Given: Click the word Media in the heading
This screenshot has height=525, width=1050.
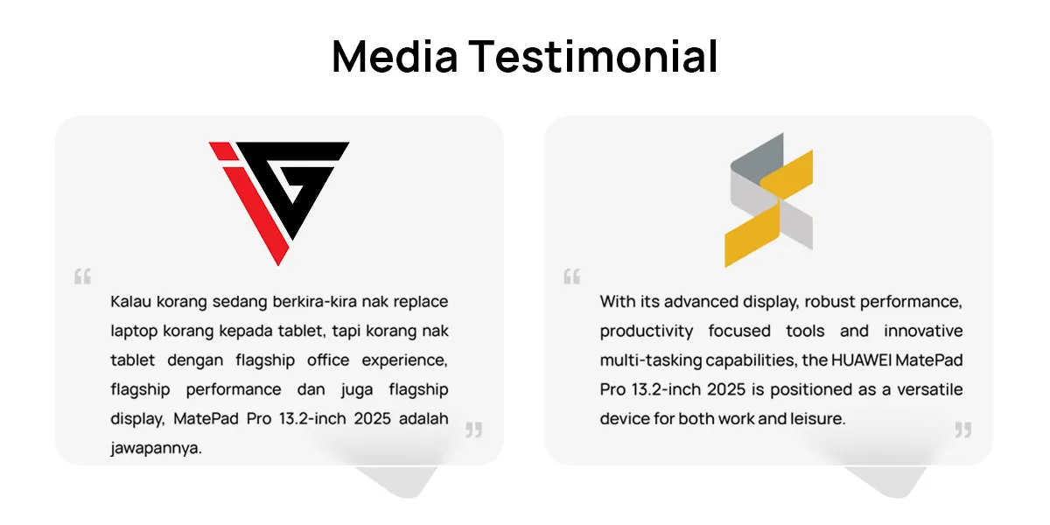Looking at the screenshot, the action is click(x=395, y=56).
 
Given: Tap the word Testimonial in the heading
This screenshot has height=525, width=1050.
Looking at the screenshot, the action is click(x=593, y=56).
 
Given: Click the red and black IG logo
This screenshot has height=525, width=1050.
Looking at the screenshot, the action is click(x=279, y=203).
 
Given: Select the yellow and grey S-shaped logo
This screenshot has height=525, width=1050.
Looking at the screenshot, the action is click(x=769, y=200).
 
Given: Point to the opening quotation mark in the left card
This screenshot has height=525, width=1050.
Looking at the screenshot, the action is click(x=83, y=276).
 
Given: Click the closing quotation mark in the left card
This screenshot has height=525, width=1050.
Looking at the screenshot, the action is click(x=474, y=430).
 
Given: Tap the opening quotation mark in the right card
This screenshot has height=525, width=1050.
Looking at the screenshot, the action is click(x=572, y=276).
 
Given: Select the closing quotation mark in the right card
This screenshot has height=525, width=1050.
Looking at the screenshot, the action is click(x=963, y=430).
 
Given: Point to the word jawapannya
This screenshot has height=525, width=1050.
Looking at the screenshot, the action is click(x=156, y=449).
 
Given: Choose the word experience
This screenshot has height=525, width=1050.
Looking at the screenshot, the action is click(x=404, y=360).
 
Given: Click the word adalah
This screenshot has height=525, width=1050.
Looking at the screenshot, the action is click(x=423, y=418).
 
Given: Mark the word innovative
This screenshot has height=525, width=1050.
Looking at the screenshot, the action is click(x=923, y=331).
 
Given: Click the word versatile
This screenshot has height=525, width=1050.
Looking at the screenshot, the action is click(x=930, y=389).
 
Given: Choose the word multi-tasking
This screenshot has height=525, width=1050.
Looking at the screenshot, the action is click(x=651, y=360).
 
